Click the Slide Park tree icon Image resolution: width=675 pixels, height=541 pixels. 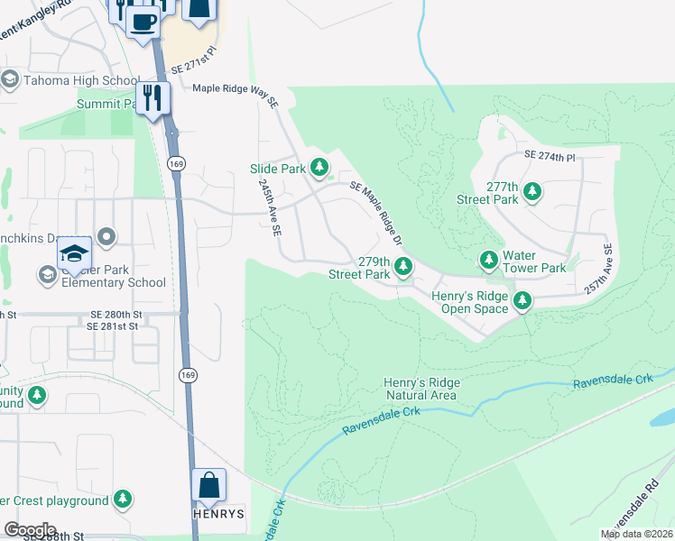[319, 167]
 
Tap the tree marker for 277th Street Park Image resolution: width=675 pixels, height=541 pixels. [532, 191]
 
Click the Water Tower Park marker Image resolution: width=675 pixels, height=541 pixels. [488, 261]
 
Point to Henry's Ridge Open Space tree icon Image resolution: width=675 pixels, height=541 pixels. [522, 300]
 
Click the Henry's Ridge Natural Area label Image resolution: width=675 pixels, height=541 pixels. [422, 389]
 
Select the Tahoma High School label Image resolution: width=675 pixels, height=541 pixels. [82, 80]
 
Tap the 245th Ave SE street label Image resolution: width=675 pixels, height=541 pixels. [268, 206]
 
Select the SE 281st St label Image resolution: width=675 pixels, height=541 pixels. [115, 326]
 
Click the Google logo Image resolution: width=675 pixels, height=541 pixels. [30, 530]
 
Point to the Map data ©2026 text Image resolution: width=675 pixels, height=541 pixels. [637, 534]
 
